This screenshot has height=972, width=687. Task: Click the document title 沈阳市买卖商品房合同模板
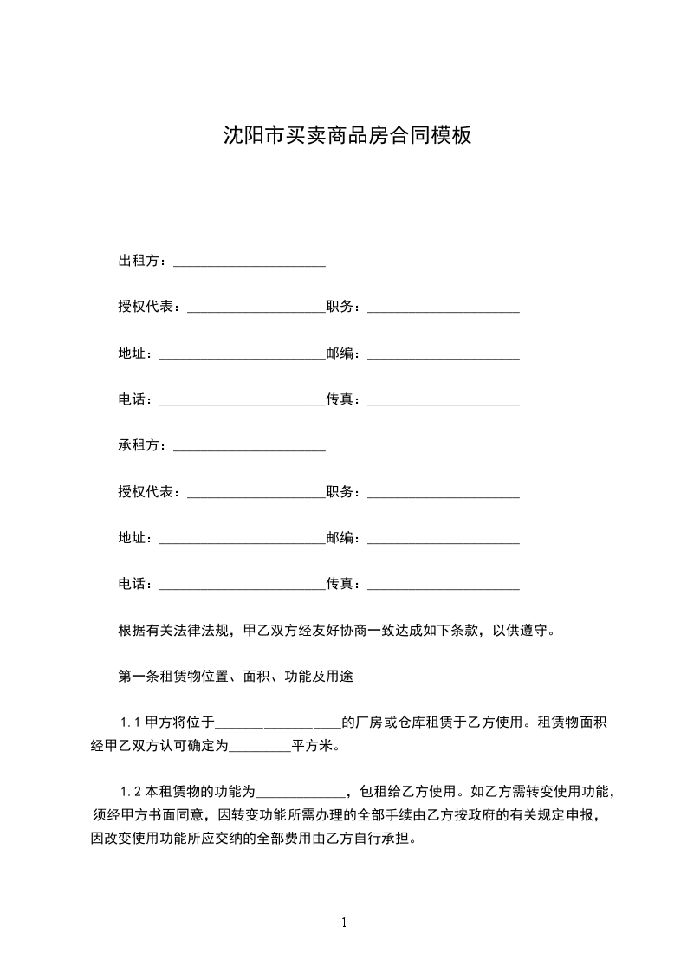click(x=347, y=136)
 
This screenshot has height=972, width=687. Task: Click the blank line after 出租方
click(x=250, y=262)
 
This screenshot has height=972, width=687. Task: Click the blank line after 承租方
click(x=250, y=447)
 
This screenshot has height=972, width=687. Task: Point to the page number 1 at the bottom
click(x=344, y=923)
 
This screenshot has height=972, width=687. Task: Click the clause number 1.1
click(x=129, y=723)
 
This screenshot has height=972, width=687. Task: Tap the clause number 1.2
click(x=129, y=791)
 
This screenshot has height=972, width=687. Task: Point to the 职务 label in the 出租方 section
click(x=342, y=307)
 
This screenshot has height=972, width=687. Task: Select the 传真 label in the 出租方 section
click(x=342, y=399)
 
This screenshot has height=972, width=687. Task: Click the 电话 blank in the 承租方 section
click(x=243, y=586)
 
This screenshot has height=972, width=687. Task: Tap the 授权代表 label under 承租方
click(x=149, y=492)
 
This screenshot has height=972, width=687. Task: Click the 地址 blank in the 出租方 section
click(x=243, y=355)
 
